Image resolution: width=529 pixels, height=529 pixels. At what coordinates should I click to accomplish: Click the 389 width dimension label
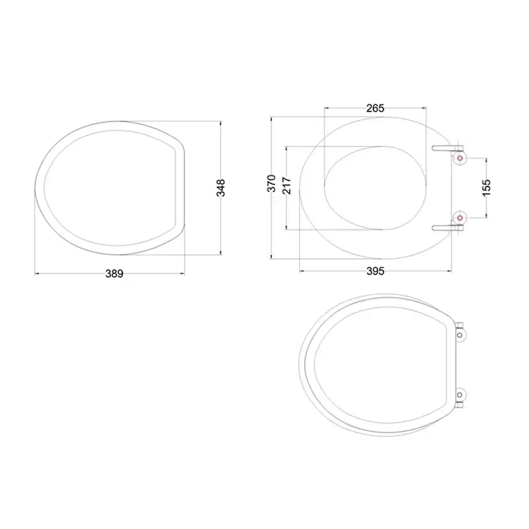pyautogui.click(x=114, y=273)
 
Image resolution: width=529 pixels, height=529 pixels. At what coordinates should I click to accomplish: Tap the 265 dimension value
pyautogui.click(x=375, y=108)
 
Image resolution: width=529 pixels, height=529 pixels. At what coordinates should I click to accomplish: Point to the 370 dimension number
pyautogui.click(x=271, y=183)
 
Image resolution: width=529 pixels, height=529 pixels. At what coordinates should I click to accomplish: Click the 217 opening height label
pyautogui.click(x=286, y=185)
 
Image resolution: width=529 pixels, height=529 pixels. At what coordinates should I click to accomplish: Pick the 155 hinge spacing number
pyautogui.click(x=486, y=188)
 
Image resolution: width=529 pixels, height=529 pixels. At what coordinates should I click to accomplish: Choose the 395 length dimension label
pyautogui.click(x=375, y=272)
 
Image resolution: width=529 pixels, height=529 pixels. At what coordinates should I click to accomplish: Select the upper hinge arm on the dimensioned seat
pyautogui.click(x=444, y=148)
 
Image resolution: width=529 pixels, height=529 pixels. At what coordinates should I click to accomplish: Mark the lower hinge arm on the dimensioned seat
pyautogui.click(x=444, y=226)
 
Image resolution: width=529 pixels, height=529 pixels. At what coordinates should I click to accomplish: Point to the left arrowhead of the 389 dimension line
pyautogui.click(x=35, y=273)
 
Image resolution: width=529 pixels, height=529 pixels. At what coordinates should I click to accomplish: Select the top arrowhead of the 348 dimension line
pyautogui.click(x=221, y=121)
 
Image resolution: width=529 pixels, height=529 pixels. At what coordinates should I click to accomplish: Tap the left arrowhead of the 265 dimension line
pyautogui.click(x=326, y=108)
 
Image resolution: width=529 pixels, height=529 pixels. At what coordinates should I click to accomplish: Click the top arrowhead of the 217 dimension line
pyautogui.click(x=286, y=148)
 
